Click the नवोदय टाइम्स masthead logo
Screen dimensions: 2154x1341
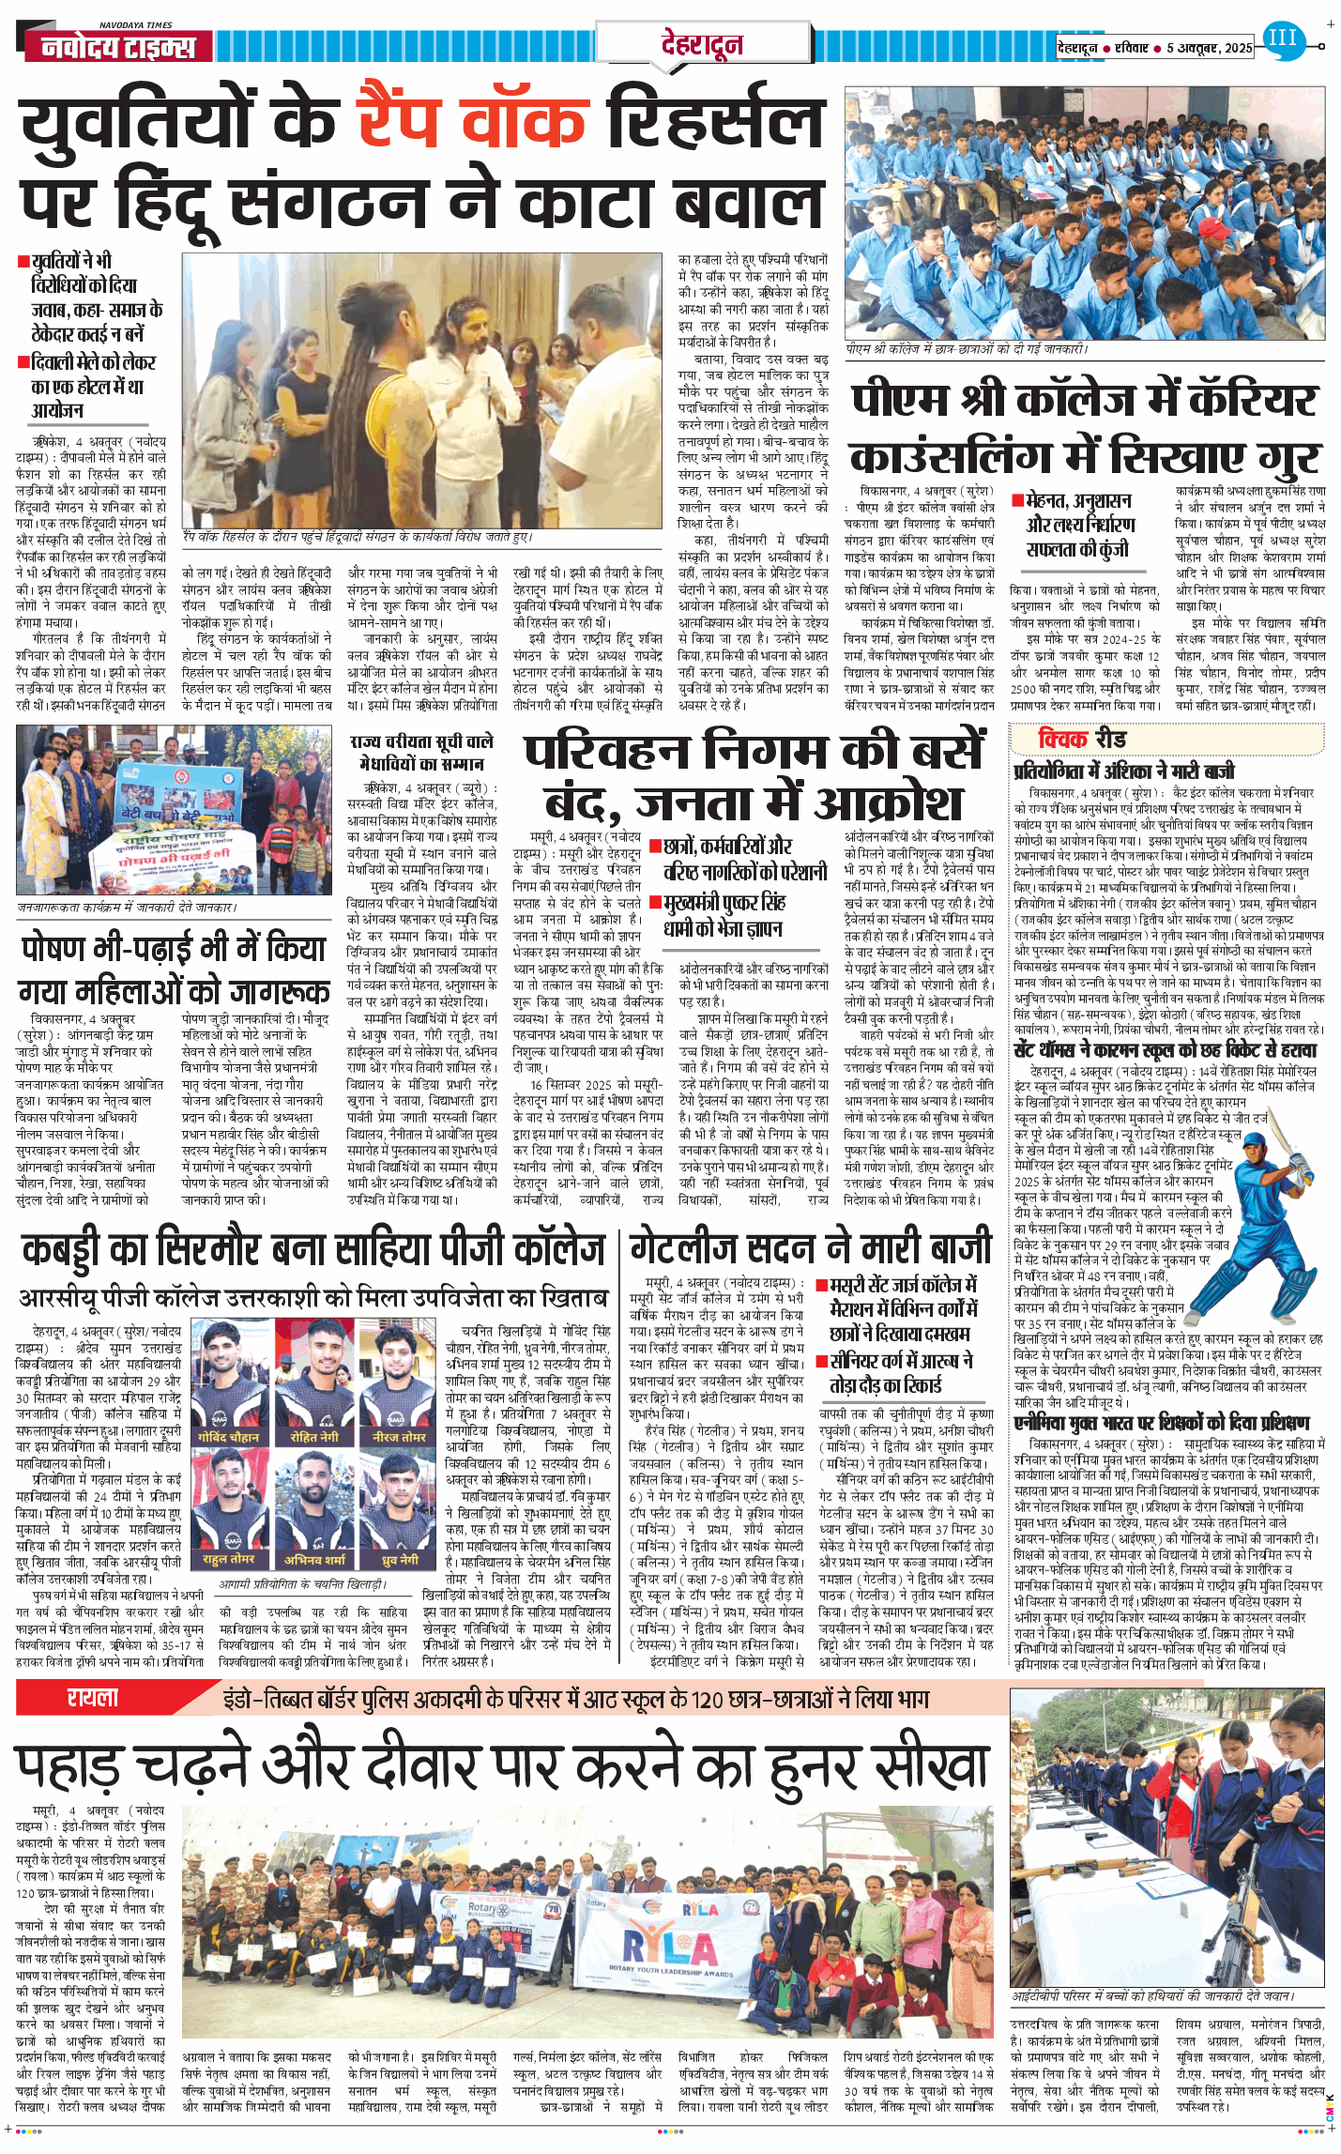click(117, 46)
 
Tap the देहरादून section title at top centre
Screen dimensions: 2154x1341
click(701, 44)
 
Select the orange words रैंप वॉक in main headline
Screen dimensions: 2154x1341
click(471, 121)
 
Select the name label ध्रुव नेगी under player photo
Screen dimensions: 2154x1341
click(401, 1559)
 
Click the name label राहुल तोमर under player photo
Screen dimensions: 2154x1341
click(228, 1559)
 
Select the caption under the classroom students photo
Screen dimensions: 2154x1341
click(966, 349)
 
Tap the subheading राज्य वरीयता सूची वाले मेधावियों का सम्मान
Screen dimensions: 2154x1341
click(421, 753)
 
